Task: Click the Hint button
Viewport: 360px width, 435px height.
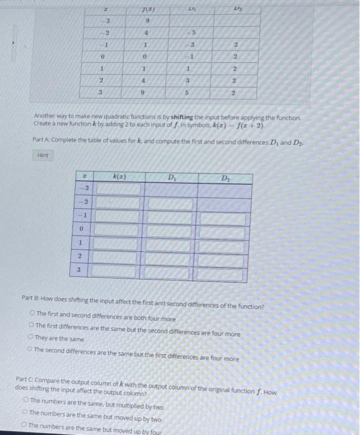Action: [44, 155]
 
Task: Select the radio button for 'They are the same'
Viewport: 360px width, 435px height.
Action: [30, 339]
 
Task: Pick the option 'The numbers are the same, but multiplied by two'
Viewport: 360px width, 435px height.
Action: [25, 401]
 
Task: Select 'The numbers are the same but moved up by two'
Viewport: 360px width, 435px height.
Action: [25, 413]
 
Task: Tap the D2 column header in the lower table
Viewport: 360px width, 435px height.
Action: [224, 179]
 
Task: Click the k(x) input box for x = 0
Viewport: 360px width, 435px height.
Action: [116, 230]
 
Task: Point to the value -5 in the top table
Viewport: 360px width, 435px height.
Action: [193, 33]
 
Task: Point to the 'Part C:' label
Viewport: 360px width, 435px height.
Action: [26, 378]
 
